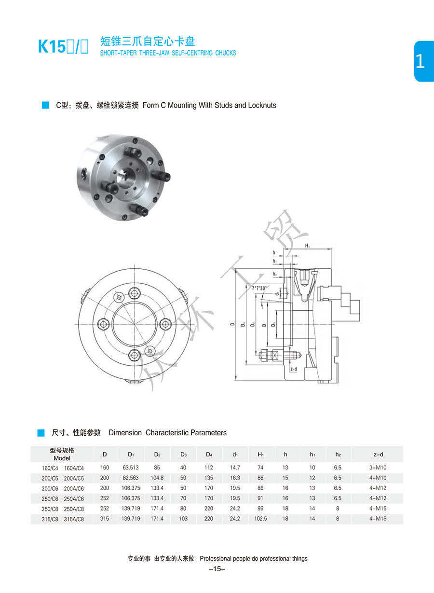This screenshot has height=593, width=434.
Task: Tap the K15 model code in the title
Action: pyautogui.click(x=52, y=47)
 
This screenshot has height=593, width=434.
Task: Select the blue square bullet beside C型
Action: pyautogui.click(x=46, y=105)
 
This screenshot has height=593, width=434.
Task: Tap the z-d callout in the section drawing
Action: pyautogui.click(x=294, y=369)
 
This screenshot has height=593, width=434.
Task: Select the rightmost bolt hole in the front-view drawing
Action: pyautogui.click(x=165, y=324)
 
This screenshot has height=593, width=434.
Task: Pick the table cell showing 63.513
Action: pyautogui.click(x=131, y=468)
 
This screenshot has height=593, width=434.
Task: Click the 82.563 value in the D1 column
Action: pyautogui.click(x=131, y=478)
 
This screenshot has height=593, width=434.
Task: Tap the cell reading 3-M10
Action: pyautogui.click(x=378, y=468)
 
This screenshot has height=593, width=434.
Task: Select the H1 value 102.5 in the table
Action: pyautogui.click(x=260, y=519)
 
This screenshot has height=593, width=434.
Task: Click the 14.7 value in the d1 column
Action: pyautogui.click(x=235, y=468)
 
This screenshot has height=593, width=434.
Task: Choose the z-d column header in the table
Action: pyautogui.click(x=378, y=454)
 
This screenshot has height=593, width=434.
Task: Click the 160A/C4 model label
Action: pyautogui.click(x=74, y=468)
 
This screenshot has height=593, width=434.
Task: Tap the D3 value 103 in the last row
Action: pyautogui.click(x=183, y=519)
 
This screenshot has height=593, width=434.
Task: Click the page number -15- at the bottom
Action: pyautogui.click(x=217, y=569)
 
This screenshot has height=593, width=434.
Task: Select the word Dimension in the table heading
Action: pyautogui.click(x=125, y=433)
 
